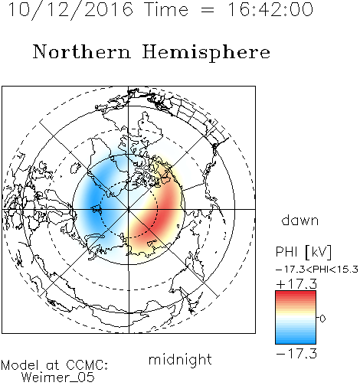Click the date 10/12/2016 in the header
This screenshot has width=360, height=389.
(x=70, y=10)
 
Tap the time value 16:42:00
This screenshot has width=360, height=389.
(x=270, y=10)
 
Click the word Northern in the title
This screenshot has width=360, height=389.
(x=82, y=52)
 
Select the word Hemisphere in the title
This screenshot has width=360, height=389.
(x=206, y=53)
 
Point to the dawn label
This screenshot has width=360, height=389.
(x=299, y=221)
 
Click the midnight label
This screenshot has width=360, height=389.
(x=180, y=360)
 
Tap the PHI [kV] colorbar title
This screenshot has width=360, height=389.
(x=303, y=253)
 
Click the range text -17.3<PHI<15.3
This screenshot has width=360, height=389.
(x=317, y=270)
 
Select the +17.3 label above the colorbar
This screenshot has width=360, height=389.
(x=296, y=284)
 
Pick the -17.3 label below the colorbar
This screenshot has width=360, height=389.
(x=296, y=354)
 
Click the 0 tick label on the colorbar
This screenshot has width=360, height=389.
(x=322, y=319)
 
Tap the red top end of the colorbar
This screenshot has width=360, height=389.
(x=296, y=293)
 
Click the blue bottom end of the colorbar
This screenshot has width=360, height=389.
(x=296, y=342)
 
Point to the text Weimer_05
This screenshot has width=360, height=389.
(x=58, y=378)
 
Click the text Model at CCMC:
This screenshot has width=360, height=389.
(x=54, y=365)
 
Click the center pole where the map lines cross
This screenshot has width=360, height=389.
(x=129, y=209)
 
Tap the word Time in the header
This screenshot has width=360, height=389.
(x=166, y=10)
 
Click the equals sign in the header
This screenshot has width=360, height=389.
(x=208, y=10)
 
